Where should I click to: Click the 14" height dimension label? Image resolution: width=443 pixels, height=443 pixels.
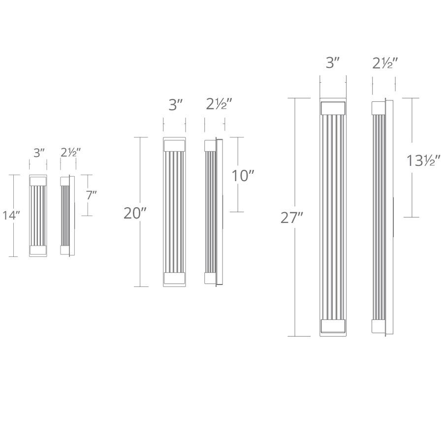pos(10,216)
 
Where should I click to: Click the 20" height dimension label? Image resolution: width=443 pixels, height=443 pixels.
pos(135,214)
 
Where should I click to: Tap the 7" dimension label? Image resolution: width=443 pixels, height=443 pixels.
pos(92,195)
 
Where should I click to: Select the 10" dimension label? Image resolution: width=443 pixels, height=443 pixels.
pos(243,176)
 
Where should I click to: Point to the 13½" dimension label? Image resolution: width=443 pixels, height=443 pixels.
pos(423,160)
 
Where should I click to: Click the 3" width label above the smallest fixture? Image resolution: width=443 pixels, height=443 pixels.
pos(39,153)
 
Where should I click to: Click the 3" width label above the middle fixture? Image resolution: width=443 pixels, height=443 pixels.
pos(176,105)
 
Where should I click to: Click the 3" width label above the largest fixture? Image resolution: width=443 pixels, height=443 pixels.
pos(333,63)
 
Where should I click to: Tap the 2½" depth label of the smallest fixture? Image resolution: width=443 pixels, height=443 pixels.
pos(70,153)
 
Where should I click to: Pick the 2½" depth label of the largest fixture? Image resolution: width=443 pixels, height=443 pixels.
pos(385,63)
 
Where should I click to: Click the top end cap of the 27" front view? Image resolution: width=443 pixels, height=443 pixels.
pos(333,108)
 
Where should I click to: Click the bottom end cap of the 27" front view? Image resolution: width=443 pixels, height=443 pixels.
pos(333,326)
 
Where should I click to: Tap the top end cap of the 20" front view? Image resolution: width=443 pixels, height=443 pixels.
pos(175,145)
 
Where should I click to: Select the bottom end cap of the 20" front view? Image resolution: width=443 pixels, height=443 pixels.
pos(175,279)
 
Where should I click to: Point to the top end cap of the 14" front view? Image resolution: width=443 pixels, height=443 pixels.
pos(38,181)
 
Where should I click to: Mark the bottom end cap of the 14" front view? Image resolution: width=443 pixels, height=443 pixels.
pos(38,250)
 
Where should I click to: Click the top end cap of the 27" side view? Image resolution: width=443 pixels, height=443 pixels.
pos(379,108)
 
